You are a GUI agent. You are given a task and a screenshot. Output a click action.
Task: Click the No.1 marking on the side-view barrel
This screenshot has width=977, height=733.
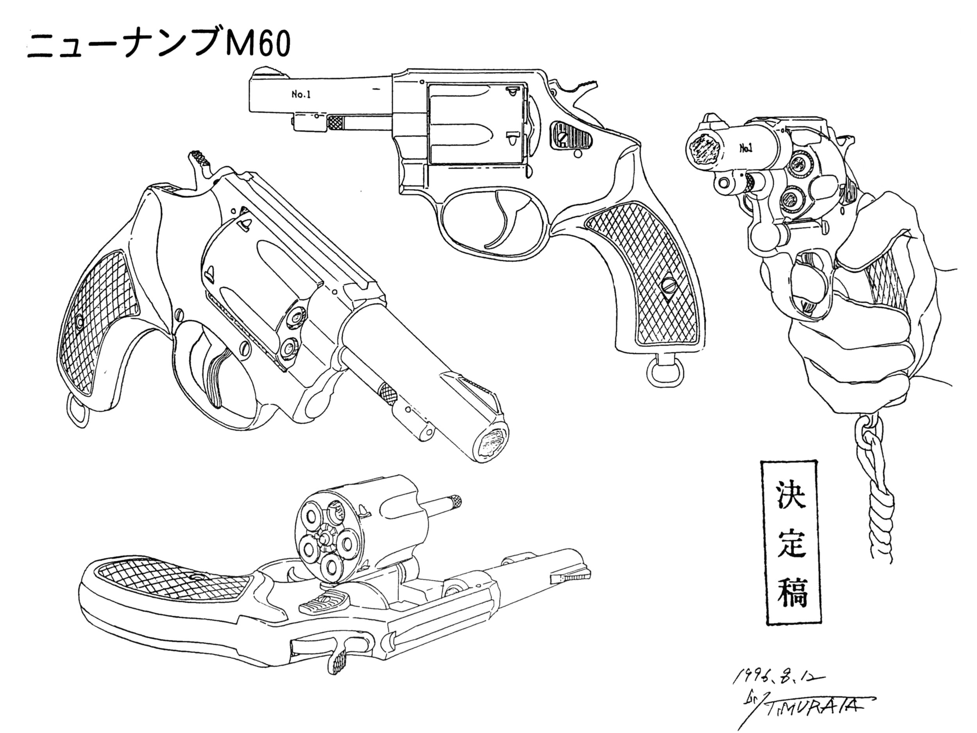(301, 94)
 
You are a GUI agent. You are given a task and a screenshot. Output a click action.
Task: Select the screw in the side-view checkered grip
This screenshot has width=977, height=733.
(668, 285)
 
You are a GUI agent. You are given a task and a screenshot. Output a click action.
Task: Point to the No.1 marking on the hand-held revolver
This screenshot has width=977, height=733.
(746, 149)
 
